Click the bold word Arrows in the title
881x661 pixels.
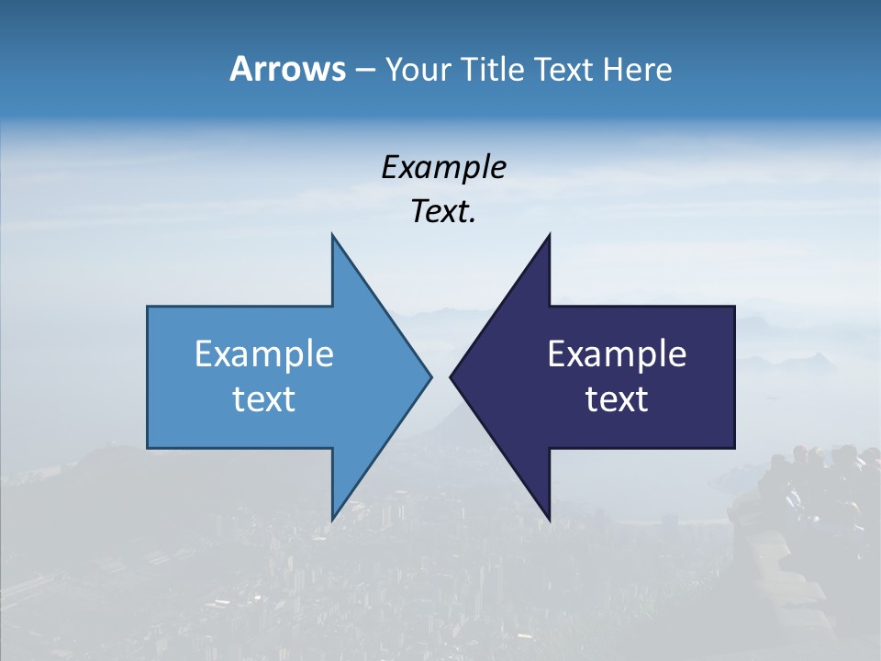click(287, 69)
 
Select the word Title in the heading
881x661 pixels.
click(493, 69)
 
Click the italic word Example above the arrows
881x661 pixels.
click(443, 168)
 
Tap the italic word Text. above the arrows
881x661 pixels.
click(443, 212)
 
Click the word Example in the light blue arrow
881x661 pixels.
click(264, 354)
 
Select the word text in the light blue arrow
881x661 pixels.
click(264, 399)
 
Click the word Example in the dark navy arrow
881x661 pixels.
click(617, 354)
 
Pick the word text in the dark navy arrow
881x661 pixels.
click(617, 399)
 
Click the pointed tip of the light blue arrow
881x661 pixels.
click(430, 376)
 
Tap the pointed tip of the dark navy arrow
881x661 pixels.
click(451, 376)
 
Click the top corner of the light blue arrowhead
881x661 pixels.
click(332, 235)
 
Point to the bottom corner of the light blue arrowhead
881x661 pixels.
click(332, 520)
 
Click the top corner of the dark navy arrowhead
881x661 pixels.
click(549, 235)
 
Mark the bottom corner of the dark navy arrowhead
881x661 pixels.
click(549, 520)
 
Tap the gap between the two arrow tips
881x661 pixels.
click(440, 376)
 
